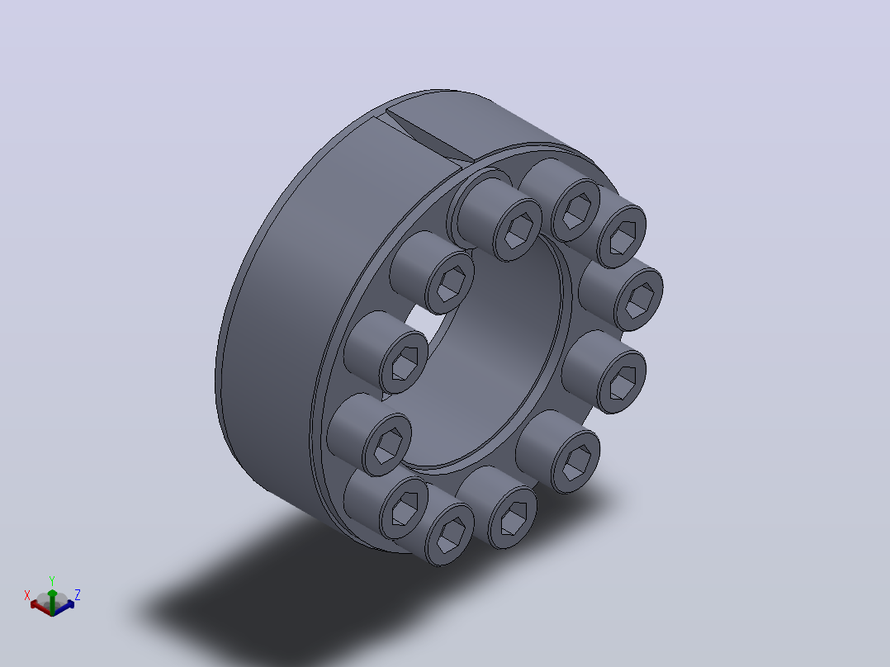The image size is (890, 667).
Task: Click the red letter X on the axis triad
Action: click(x=26, y=595)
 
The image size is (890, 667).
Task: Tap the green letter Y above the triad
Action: click(x=52, y=581)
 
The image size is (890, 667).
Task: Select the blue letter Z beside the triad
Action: click(x=78, y=595)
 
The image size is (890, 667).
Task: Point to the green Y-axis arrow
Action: click(x=52, y=602)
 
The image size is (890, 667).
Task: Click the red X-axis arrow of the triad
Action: click(x=40, y=607)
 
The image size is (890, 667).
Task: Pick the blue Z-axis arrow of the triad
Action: click(x=64, y=608)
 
